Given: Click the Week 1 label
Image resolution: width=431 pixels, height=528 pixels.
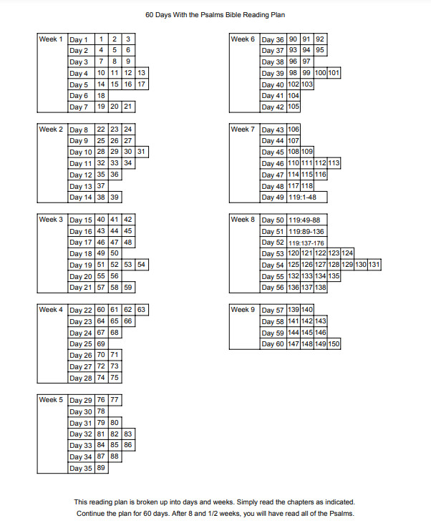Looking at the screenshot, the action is [51, 39].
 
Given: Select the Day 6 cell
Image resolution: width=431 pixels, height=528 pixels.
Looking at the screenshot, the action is [79, 96].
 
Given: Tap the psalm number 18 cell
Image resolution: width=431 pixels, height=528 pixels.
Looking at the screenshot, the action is [102, 96].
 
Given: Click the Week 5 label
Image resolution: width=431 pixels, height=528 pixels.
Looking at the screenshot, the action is [51, 400].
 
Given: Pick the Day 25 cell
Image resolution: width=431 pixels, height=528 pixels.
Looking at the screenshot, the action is [81, 344].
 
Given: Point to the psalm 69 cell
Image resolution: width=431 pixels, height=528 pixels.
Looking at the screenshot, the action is [102, 344].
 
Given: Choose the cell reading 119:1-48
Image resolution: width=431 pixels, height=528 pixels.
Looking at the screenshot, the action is [306, 197].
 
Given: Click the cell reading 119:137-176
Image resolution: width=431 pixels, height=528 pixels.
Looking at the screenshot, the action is [306, 243].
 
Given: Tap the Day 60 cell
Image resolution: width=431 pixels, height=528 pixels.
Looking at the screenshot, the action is [273, 344].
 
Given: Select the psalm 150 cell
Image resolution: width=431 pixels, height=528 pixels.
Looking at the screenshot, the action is [334, 344].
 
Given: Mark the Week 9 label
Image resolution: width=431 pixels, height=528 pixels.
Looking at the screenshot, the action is [243, 310].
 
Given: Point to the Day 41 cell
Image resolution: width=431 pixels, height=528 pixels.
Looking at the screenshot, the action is [273, 96].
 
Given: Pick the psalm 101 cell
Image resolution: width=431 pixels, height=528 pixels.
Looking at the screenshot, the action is [334, 73].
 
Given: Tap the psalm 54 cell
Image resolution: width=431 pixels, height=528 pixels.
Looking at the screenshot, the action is [142, 265].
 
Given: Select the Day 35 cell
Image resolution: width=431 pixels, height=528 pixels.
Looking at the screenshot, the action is [81, 468].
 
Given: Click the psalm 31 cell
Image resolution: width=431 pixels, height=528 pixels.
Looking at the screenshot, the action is [142, 152].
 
